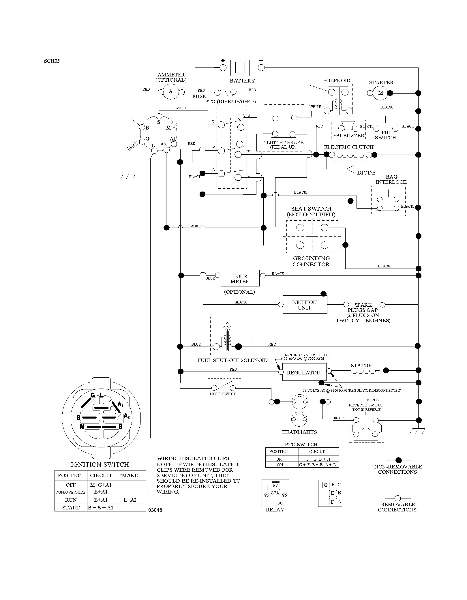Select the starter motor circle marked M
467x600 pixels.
click(x=381, y=93)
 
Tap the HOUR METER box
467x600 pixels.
click(x=240, y=278)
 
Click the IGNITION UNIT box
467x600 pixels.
click(x=305, y=305)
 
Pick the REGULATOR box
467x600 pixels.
click(x=304, y=372)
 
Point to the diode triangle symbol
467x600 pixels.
click(x=350, y=169)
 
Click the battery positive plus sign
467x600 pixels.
click(x=223, y=61)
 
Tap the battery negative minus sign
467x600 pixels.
click(x=261, y=61)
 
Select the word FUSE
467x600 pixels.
click(x=199, y=96)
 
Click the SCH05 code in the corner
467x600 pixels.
click(x=52, y=61)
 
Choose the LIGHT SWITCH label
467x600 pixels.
click(x=223, y=394)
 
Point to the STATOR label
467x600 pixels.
click(x=361, y=365)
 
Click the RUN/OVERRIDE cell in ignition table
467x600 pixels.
click(x=71, y=492)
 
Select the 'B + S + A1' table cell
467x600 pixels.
click(x=101, y=508)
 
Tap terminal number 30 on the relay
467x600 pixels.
click(x=280, y=503)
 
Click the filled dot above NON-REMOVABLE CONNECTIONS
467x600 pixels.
click(x=398, y=460)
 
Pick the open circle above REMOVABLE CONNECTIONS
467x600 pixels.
click(x=397, y=498)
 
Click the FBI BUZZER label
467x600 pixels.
click(x=348, y=136)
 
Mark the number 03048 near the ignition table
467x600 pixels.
click(x=155, y=510)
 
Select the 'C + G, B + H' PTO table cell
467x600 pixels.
click(x=318, y=459)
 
